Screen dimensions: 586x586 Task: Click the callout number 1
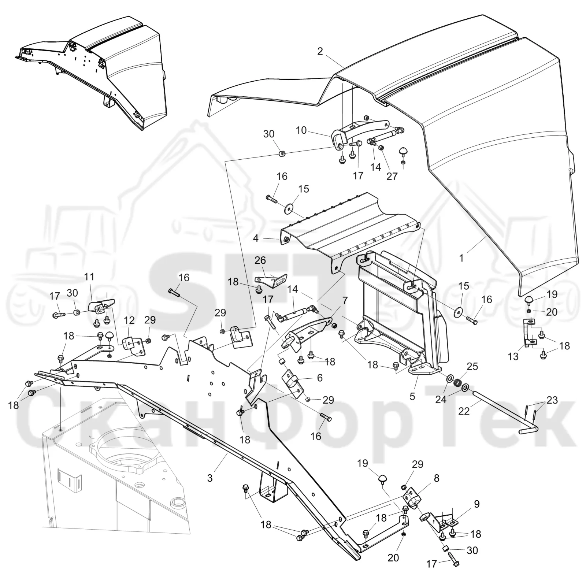(x=461, y=258)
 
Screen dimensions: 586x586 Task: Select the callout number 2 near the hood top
(x=320, y=51)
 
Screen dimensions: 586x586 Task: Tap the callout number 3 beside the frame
(x=210, y=478)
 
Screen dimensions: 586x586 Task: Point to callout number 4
(x=256, y=238)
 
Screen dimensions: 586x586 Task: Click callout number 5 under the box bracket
(x=412, y=397)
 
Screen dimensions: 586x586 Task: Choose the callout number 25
(x=472, y=367)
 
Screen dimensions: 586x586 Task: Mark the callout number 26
(x=260, y=260)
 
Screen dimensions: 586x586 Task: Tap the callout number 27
(x=392, y=176)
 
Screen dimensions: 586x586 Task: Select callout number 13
(x=513, y=356)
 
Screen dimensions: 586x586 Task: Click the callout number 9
(x=476, y=504)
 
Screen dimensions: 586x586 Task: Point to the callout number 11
(x=89, y=277)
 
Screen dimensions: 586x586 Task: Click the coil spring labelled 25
(x=457, y=383)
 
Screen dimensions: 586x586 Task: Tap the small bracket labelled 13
(x=529, y=333)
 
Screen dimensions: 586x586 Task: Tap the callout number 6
(x=320, y=378)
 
